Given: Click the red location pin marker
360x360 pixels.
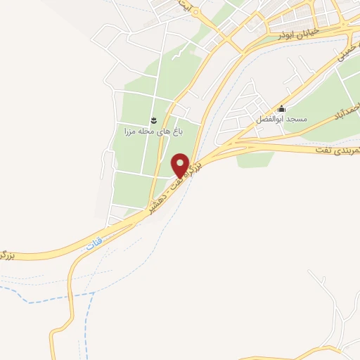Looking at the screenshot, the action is [181, 165].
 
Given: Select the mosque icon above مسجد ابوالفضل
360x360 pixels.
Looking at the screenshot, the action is [282, 108].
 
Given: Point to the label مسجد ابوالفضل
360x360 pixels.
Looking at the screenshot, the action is [282, 120].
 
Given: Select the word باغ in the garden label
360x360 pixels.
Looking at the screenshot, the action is [178, 131].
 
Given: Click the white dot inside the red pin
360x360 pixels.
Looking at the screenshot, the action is [181, 161].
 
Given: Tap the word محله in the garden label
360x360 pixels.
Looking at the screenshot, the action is [146, 131].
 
